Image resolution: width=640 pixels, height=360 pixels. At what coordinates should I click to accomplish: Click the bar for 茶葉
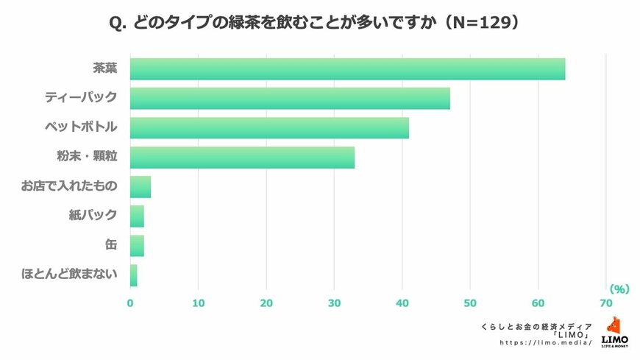tap(347, 68)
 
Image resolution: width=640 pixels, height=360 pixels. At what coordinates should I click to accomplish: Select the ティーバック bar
tap(290, 98)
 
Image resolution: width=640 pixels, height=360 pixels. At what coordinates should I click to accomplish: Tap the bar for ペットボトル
tap(269, 128)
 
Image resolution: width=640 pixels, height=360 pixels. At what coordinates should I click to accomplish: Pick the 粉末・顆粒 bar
tap(242, 158)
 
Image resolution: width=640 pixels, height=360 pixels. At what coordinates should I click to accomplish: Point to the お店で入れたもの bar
tap(141, 187)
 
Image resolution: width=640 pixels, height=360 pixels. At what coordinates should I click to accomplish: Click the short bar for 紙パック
tap(137, 216)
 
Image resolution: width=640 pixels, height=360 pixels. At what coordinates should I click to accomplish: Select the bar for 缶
tap(137, 246)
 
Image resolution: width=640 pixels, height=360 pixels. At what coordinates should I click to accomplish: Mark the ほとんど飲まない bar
tap(134, 275)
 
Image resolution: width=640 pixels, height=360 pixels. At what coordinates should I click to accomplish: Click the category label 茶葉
tap(104, 68)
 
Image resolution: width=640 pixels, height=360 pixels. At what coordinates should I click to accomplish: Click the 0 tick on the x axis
tap(130, 303)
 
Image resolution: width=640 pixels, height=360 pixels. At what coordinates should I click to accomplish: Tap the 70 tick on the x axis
tap(606, 303)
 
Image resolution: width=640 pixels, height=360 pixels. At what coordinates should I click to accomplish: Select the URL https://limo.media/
tap(546, 342)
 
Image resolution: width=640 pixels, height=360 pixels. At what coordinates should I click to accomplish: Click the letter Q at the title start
tap(116, 24)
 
